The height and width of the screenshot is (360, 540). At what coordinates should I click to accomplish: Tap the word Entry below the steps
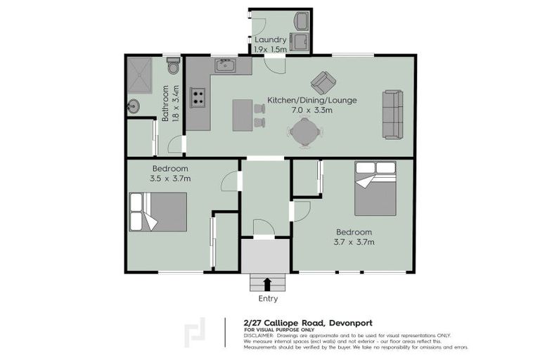pyautogui.click(x=267, y=299)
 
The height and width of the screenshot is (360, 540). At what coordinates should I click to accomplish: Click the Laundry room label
pyautogui.click(x=271, y=40)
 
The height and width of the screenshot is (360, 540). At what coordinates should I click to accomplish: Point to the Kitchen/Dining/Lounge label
pyautogui.click(x=311, y=100)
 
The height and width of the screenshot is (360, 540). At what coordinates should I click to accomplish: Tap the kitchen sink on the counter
pyautogui.click(x=225, y=66)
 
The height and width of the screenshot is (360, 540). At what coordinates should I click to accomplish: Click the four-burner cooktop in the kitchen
pyautogui.click(x=198, y=97)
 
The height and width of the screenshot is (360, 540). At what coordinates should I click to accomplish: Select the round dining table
pyautogui.click(x=304, y=131)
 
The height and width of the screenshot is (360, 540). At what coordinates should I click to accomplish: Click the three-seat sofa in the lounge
pyautogui.click(x=392, y=114)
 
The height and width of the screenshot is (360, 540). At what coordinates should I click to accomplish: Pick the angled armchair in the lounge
pyautogui.click(x=323, y=82)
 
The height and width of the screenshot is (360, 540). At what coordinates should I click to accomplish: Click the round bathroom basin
pyautogui.click(x=134, y=107)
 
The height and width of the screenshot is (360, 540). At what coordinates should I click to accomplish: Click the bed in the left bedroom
pyautogui.click(x=158, y=212)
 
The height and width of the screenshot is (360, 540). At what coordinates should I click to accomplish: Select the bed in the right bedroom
pyautogui.click(x=375, y=188)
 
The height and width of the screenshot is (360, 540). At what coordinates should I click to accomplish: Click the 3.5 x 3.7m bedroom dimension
pyautogui.click(x=170, y=179)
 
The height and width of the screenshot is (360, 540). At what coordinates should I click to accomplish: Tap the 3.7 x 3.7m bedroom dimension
pyautogui.click(x=354, y=242)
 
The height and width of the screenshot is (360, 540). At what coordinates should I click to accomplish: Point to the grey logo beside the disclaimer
pyautogui.click(x=195, y=333)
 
